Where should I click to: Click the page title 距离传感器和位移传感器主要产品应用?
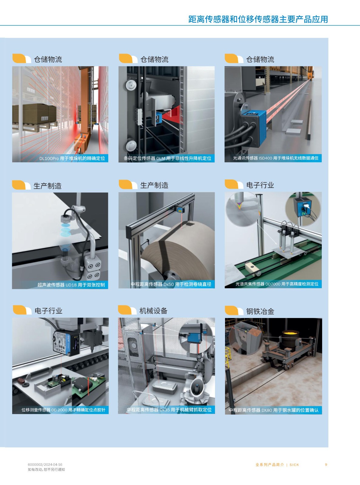coord(258,19)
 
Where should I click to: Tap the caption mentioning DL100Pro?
coord(72,158)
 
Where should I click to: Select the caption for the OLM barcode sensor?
coord(167,158)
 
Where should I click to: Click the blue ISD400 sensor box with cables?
coord(254,128)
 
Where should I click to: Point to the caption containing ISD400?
coord(275,158)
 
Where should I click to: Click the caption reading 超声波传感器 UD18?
coord(71,285)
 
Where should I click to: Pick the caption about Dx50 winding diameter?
coord(171,284)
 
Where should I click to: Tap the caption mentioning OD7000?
coord(277,284)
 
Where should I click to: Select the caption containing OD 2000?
coord(63,410)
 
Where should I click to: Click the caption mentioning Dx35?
coord(169,410)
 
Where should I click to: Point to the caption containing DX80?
coord(274,410)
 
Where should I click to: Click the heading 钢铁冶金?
coord(260,311)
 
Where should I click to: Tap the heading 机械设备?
coord(153,311)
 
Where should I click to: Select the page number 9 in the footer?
coord(326,465)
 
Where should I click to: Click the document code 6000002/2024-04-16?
coord(45,464)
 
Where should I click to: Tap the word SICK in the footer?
coord(294,465)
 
